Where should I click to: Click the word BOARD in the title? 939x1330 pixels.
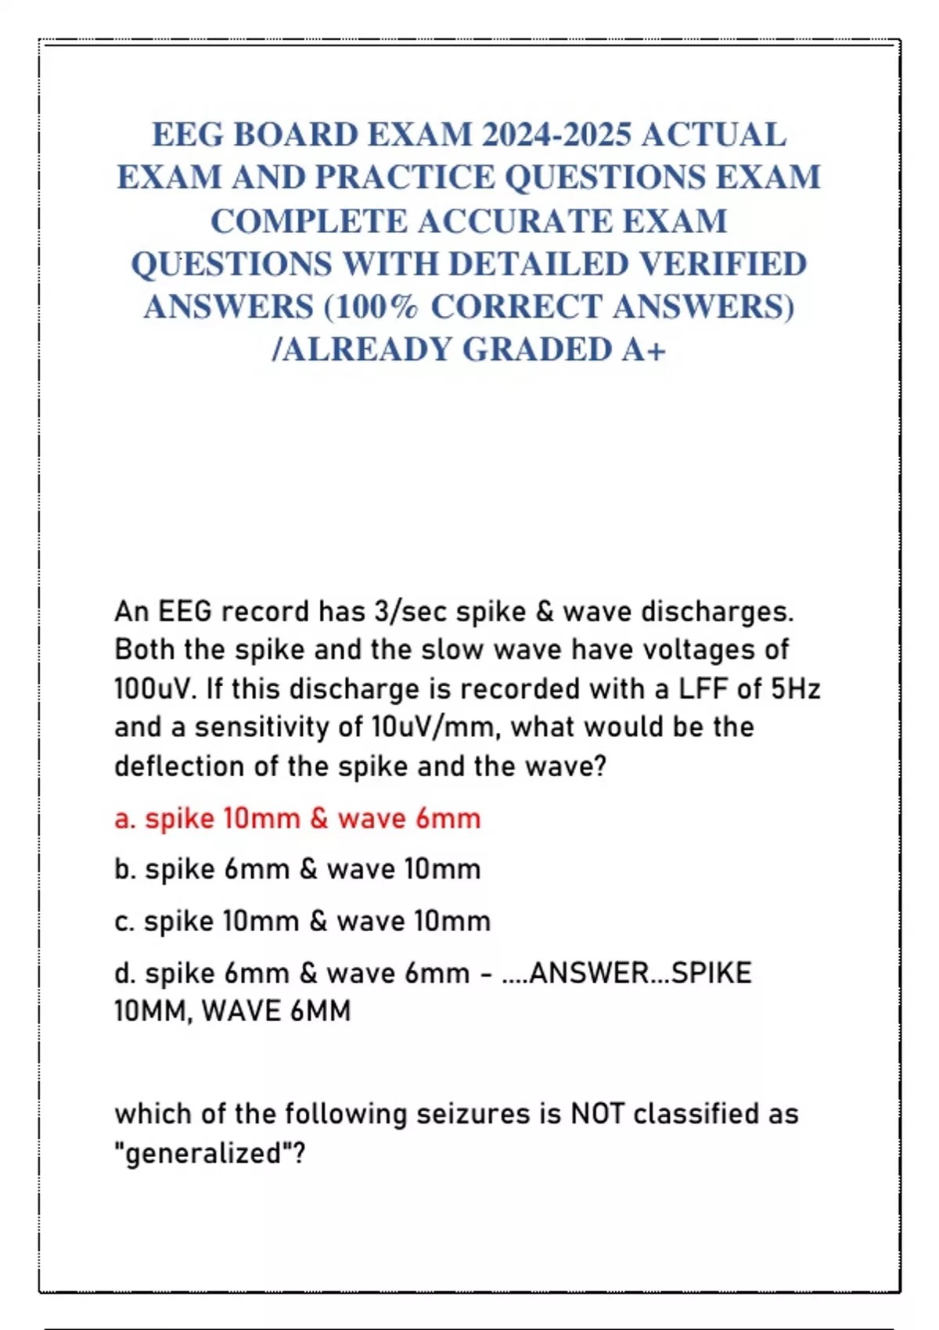(x=295, y=135)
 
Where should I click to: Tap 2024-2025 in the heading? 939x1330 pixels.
(x=556, y=135)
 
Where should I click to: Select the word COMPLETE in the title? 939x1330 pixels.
(x=308, y=221)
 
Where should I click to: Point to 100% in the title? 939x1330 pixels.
(x=378, y=307)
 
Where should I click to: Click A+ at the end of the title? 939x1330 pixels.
(x=644, y=350)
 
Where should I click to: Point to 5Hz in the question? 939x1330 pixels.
(x=795, y=689)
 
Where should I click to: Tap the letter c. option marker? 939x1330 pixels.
(x=124, y=922)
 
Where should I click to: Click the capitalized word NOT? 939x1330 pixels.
(x=597, y=1113)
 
